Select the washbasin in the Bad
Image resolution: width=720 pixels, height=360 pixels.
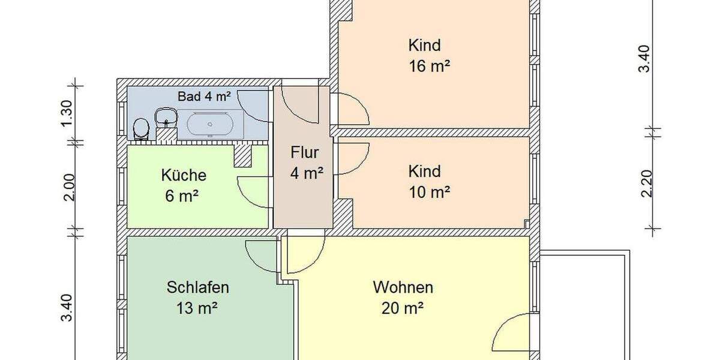click(165, 117)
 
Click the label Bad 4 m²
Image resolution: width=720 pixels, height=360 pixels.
click(204, 96)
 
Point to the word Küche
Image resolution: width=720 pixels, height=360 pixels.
click(184, 175)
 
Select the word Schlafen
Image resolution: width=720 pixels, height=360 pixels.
click(197, 287)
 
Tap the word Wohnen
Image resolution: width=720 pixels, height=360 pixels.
click(403, 287)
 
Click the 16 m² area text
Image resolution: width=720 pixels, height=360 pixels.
click(429, 66)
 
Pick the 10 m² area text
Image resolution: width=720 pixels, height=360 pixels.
click(429, 193)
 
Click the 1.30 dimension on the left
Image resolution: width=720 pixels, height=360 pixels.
click(67, 112)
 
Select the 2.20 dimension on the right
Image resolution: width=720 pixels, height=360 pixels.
click(646, 183)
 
